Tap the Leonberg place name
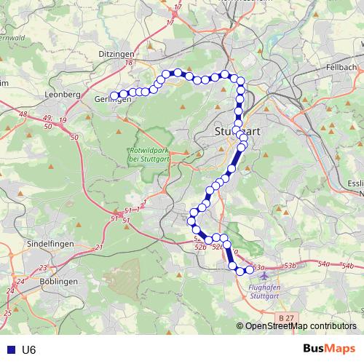pyautogui.click(x=62, y=95)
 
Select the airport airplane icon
pyautogui.click(x=264, y=276)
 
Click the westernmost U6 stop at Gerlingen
pyautogui.click(x=114, y=95)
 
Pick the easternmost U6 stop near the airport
pyautogui.click(x=249, y=270)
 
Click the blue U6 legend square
pyautogui.click(x=8, y=350)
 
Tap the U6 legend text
pyautogui.click(x=28, y=350)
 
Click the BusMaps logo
pyautogui.click(x=329, y=349)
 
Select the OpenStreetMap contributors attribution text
pyautogui.click(x=300, y=326)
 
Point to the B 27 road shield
pyautogui.click(x=287, y=318)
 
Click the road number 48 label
pyautogui.click(x=23, y=114)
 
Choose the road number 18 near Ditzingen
pyautogui.click(x=130, y=63)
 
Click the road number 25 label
pyautogui.click(x=7, y=313)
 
